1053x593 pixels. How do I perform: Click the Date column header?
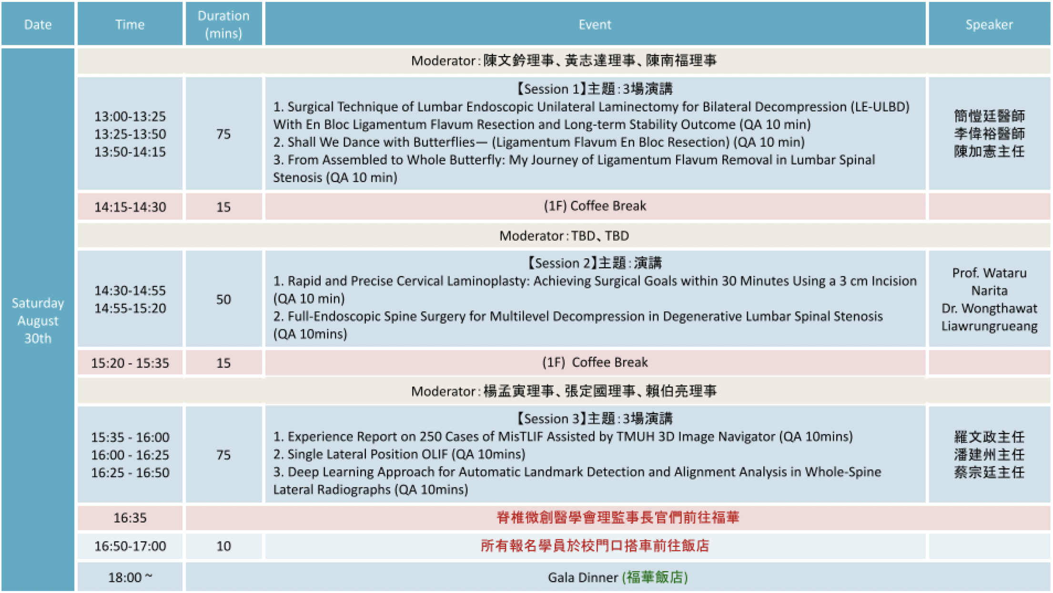(38, 24)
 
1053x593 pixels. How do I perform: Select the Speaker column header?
(989, 24)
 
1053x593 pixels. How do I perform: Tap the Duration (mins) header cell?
(223, 24)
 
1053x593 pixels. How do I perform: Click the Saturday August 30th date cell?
(38, 320)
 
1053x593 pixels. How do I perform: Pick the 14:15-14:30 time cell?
(130, 207)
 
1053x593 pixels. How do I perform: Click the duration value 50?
(223, 299)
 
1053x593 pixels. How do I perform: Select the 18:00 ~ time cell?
(130, 577)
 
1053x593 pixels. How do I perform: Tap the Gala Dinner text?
(582, 577)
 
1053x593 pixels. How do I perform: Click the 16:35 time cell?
(130, 518)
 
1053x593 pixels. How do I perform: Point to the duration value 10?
(223, 546)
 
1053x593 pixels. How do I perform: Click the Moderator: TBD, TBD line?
(564, 235)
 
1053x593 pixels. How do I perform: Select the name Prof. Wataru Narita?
(989, 282)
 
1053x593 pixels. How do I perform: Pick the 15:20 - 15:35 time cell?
(130, 363)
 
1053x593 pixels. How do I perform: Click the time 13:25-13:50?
(130, 134)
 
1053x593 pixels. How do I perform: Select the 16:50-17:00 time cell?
(130, 546)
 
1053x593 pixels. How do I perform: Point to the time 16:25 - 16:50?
(130, 472)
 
